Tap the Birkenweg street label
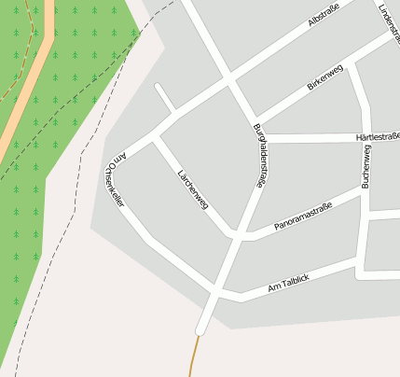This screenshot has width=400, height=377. coord(325,78)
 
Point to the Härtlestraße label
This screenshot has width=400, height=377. coord(377,137)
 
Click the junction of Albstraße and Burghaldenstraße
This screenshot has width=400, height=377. coord(229,82)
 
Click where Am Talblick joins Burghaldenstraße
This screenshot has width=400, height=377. coord(218,293)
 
